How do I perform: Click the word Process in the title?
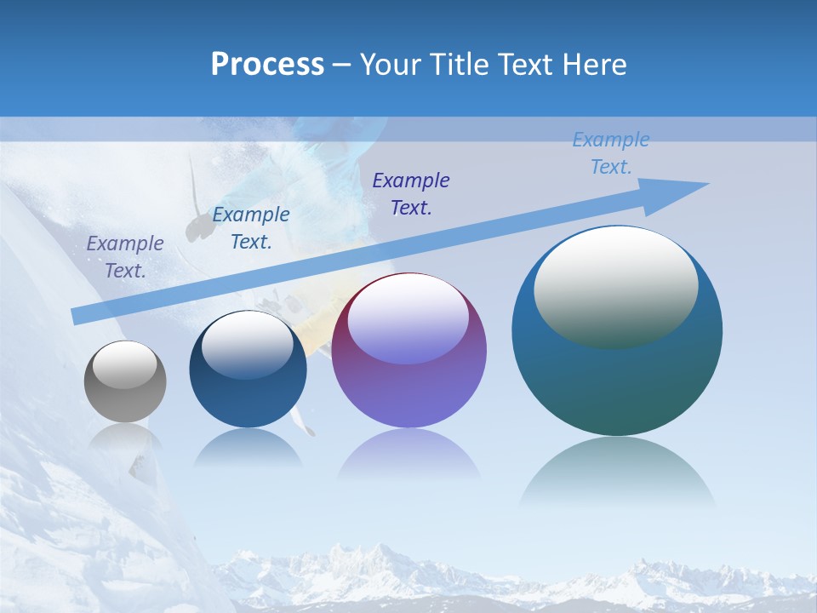click(x=267, y=64)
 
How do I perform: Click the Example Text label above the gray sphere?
click(x=125, y=256)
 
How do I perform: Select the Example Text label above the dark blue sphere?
click(x=250, y=227)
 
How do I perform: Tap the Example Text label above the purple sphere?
click(x=411, y=193)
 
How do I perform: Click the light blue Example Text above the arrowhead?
click(x=610, y=152)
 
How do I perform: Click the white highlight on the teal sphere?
click(x=615, y=287)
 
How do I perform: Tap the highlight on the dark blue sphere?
click(x=247, y=345)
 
